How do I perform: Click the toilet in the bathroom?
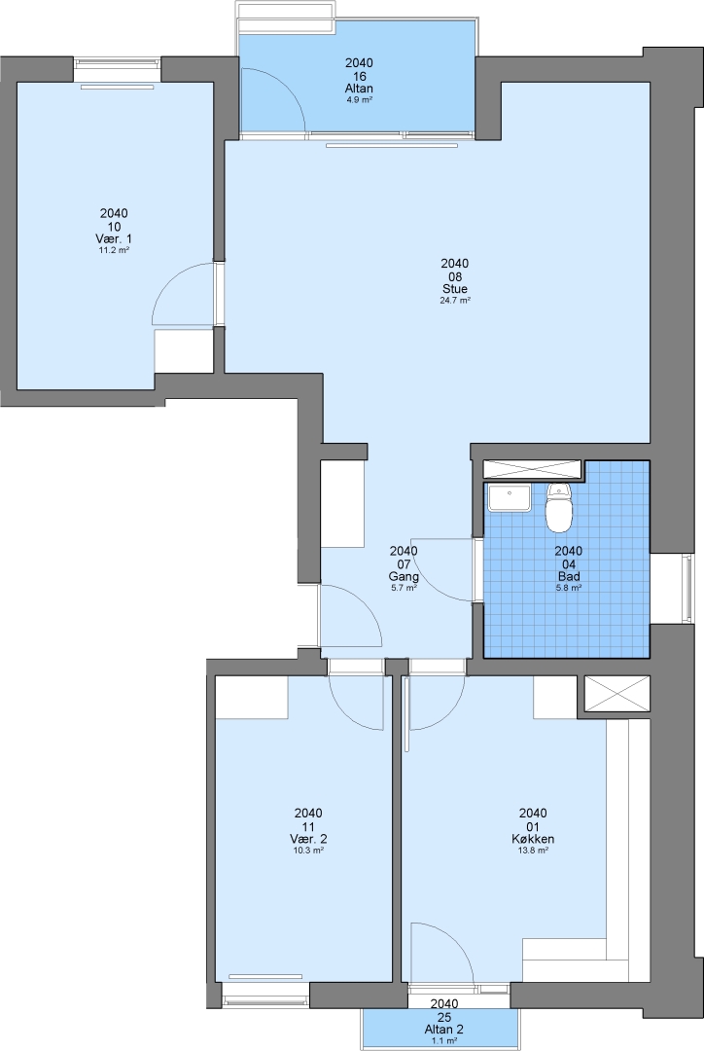[559, 508]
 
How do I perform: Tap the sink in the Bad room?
[510, 497]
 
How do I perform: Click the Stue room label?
[455, 289]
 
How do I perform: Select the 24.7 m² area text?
[455, 301]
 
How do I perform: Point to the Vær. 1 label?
[114, 238]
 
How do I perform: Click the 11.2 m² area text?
[114, 250]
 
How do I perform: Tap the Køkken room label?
[533, 839]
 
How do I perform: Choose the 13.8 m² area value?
[533, 850]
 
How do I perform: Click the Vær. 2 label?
[308, 839]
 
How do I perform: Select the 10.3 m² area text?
[308, 850]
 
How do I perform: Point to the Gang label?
[404, 576]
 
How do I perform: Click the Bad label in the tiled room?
[569, 576]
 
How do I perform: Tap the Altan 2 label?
[444, 1030]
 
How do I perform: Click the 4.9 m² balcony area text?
[359, 99]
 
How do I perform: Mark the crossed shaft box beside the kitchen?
[616, 694]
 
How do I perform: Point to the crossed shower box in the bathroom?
[532, 469]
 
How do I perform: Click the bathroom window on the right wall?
[687, 589]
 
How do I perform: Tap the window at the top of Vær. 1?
[118, 63]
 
